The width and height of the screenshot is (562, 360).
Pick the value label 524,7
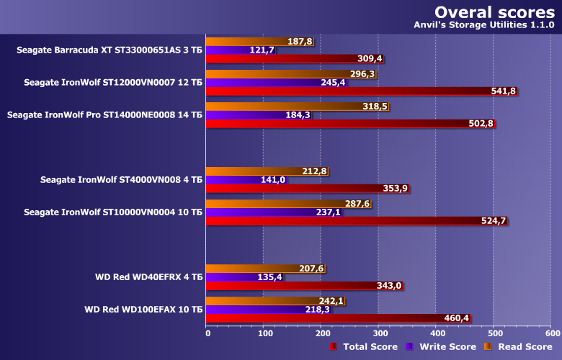pyautogui.click(x=494, y=221)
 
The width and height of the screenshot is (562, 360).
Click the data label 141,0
pyautogui.click(x=273, y=180)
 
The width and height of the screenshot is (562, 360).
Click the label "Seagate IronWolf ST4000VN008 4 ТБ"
pyautogui.click(x=121, y=179)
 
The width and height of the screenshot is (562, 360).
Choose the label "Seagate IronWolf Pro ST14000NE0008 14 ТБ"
pyautogui.click(x=104, y=114)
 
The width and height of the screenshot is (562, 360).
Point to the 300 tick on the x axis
pyautogui.click(x=379, y=333)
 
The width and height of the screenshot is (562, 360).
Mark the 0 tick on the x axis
pyautogui.click(x=208, y=333)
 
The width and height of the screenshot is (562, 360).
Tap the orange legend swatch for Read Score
pyautogui.click(x=488, y=347)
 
